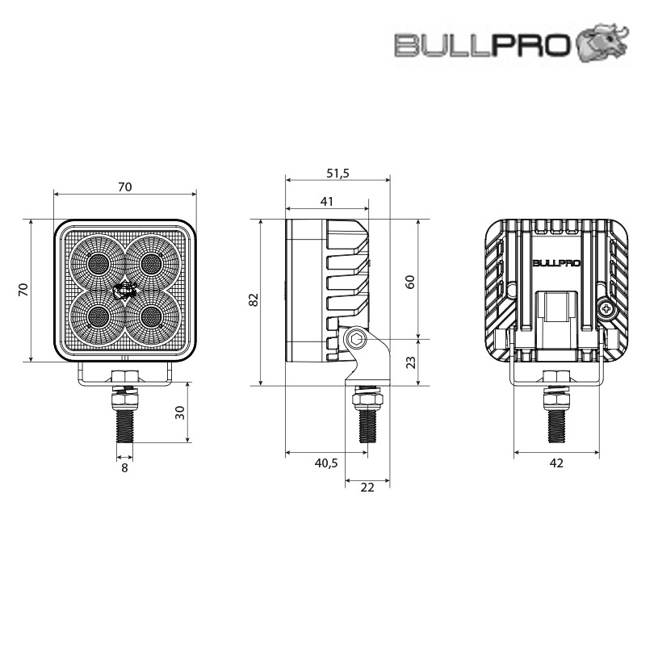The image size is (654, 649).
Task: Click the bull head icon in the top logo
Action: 602,43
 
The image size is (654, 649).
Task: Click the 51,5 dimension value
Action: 337,173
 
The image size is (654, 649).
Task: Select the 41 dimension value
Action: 327,202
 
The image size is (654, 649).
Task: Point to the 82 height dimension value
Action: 254,300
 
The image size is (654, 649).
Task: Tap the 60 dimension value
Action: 410,282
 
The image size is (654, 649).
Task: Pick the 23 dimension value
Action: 410,362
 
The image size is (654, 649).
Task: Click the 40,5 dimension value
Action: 326,463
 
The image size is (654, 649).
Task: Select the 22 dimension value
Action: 367,488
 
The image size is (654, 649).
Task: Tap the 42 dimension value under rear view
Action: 556,463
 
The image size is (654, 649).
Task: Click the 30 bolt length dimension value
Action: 180,412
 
